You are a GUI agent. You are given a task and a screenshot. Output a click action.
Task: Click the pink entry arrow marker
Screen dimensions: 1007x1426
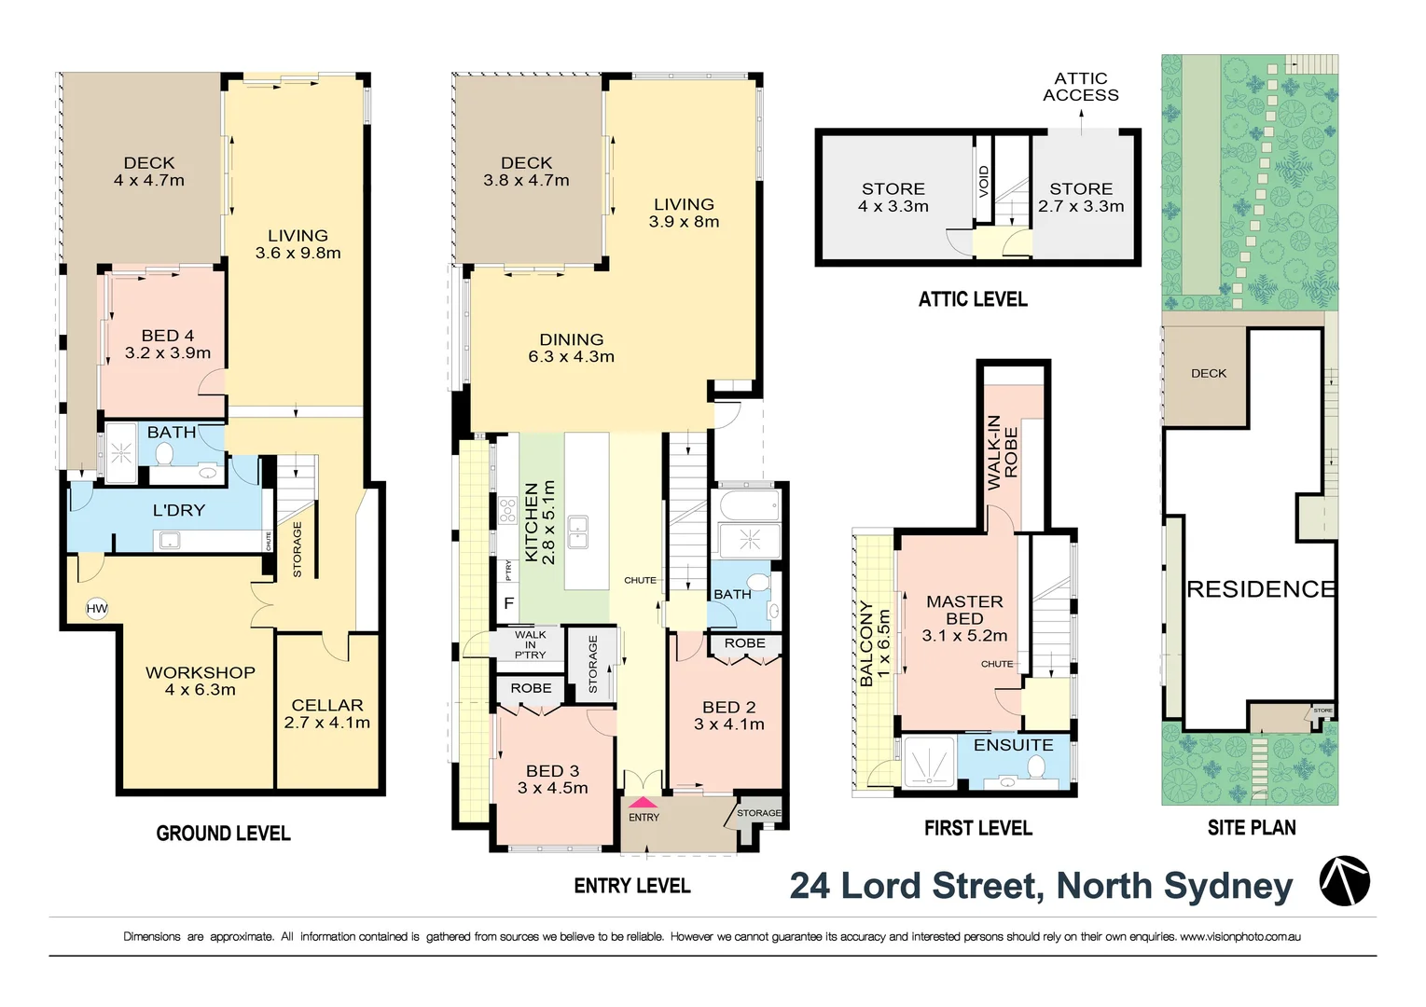[x=644, y=803]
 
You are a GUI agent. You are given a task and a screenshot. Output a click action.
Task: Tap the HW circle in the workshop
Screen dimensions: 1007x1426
[x=97, y=609]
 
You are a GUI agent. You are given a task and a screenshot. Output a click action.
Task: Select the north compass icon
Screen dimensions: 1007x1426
[x=1344, y=881]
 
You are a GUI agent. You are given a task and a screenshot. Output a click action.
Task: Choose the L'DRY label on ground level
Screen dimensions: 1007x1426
[x=178, y=510]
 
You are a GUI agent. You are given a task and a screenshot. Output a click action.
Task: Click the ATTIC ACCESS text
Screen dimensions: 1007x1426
[x=1080, y=87]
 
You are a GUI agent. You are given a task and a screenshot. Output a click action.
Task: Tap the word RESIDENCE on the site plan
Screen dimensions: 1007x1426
[x=1260, y=589]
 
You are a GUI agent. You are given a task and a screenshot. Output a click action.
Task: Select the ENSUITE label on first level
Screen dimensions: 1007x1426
[x=1013, y=745]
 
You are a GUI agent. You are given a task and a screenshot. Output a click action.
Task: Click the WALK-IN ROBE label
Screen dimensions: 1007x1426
[x=1003, y=452]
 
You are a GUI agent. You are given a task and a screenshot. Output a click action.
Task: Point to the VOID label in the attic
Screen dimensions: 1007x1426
[x=983, y=180]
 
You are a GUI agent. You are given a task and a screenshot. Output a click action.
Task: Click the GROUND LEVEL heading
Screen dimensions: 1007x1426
[x=223, y=834]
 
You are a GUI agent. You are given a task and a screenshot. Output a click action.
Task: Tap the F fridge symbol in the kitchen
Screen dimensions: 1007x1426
[x=508, y=603]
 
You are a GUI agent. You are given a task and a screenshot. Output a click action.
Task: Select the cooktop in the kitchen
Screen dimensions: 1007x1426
[x=507, y=510]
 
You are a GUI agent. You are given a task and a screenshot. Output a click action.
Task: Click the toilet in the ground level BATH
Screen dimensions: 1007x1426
[x=164, y=454]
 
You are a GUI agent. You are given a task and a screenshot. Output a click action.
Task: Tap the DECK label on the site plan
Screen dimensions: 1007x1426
[x=1208, y=373]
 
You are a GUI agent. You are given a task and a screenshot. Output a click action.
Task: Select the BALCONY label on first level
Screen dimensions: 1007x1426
[x=866, y=643]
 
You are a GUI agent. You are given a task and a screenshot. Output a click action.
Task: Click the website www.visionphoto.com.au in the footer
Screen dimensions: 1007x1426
[x=1239, y=936]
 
